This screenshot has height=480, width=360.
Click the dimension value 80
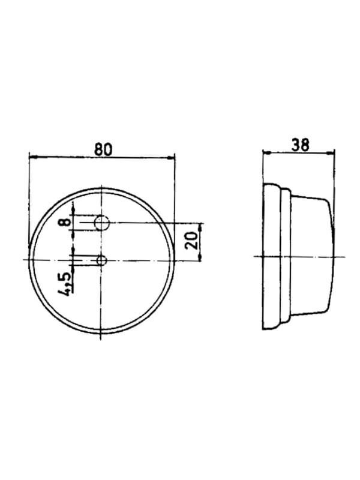point(103,149)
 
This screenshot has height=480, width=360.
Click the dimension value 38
point(301,145)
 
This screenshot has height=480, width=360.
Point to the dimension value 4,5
point(65,284)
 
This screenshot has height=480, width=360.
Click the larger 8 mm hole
point(102,223)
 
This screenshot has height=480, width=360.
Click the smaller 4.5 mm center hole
point(101,261)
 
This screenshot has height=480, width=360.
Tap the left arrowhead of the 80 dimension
point(32,157)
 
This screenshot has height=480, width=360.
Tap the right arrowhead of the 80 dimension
point(171,158)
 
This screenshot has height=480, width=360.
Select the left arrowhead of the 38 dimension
point(266,152)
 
